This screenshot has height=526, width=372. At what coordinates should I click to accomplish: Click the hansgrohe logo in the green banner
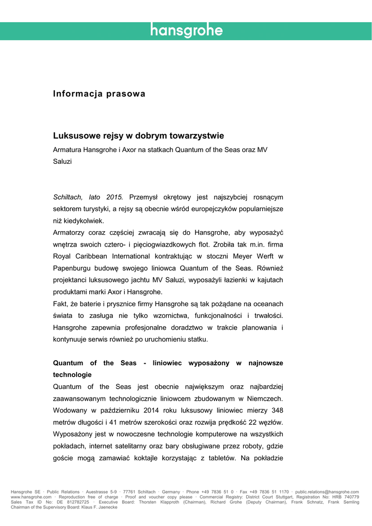186,31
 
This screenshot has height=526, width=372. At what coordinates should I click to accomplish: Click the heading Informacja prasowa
99,94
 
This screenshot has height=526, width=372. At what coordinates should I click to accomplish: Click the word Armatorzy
72,232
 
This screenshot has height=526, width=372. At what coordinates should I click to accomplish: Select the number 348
276,410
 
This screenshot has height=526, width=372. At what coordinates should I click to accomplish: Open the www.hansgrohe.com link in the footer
31,497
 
